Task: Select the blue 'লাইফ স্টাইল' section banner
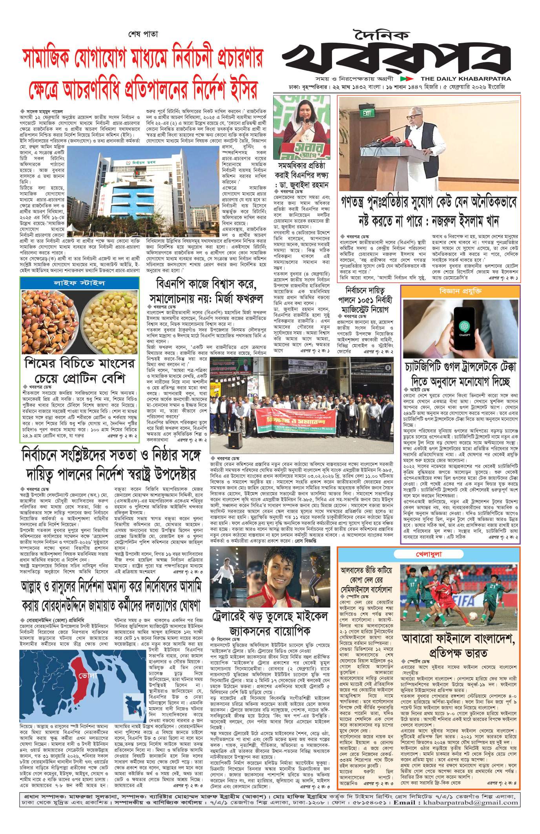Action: pyautogui.click(x=79, y=283)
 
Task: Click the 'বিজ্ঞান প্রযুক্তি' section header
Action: pyautogui.click(x=460, y=292)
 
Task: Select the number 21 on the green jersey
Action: pyautogui.click(x=492, y=586)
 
